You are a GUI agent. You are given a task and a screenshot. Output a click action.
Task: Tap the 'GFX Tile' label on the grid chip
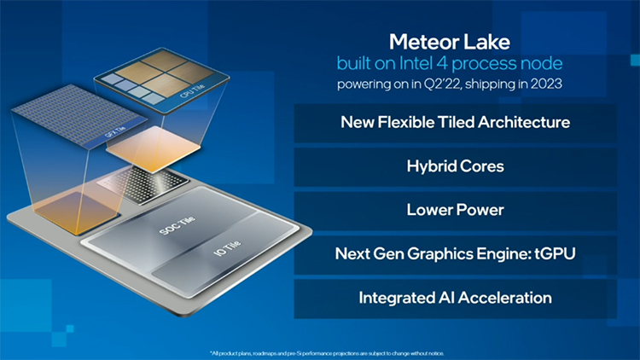pos(111,134)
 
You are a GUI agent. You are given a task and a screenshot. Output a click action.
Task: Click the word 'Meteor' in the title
pos(423,42)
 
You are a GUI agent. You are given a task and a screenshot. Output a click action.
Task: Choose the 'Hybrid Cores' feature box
pos(455,166)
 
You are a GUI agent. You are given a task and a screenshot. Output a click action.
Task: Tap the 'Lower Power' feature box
pos(455,210)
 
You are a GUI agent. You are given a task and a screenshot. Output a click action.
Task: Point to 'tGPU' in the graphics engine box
pos(550,253)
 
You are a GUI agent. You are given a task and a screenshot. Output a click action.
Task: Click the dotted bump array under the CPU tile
pos(140,181)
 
